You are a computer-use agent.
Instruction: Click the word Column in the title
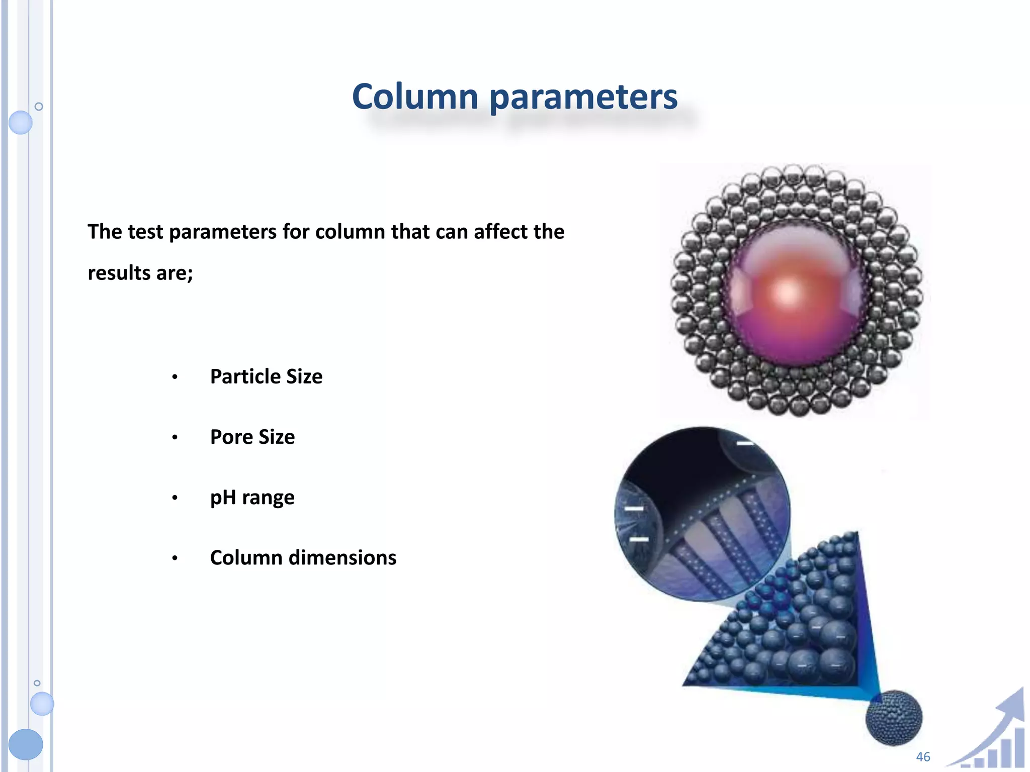click(x=415, y=96)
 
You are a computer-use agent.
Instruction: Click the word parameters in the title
click(x=583, y=98)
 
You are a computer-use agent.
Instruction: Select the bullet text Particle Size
click(x=266, y=376)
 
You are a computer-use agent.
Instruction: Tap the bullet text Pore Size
click(x=252, y=437)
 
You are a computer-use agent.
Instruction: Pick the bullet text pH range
click(x=252, y=498)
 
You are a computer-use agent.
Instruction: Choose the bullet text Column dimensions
click(x=303, y=558)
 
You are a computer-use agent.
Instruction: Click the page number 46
click(x=923, y=756)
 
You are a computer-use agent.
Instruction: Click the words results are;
click(x=140, y=273)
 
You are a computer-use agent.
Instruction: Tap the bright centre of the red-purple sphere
click(x=787, y=292)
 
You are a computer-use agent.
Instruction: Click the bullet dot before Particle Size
click(x=175, y=377)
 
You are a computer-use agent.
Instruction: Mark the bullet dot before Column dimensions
click(x=175, y=558)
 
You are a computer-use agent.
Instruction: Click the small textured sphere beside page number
click(x=893, y=718)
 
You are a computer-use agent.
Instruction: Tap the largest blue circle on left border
click(x=26, y=744)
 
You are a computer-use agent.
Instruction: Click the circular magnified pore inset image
click(x=702, y=514)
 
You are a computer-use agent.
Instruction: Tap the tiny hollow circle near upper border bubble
click(x=39, y=107)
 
